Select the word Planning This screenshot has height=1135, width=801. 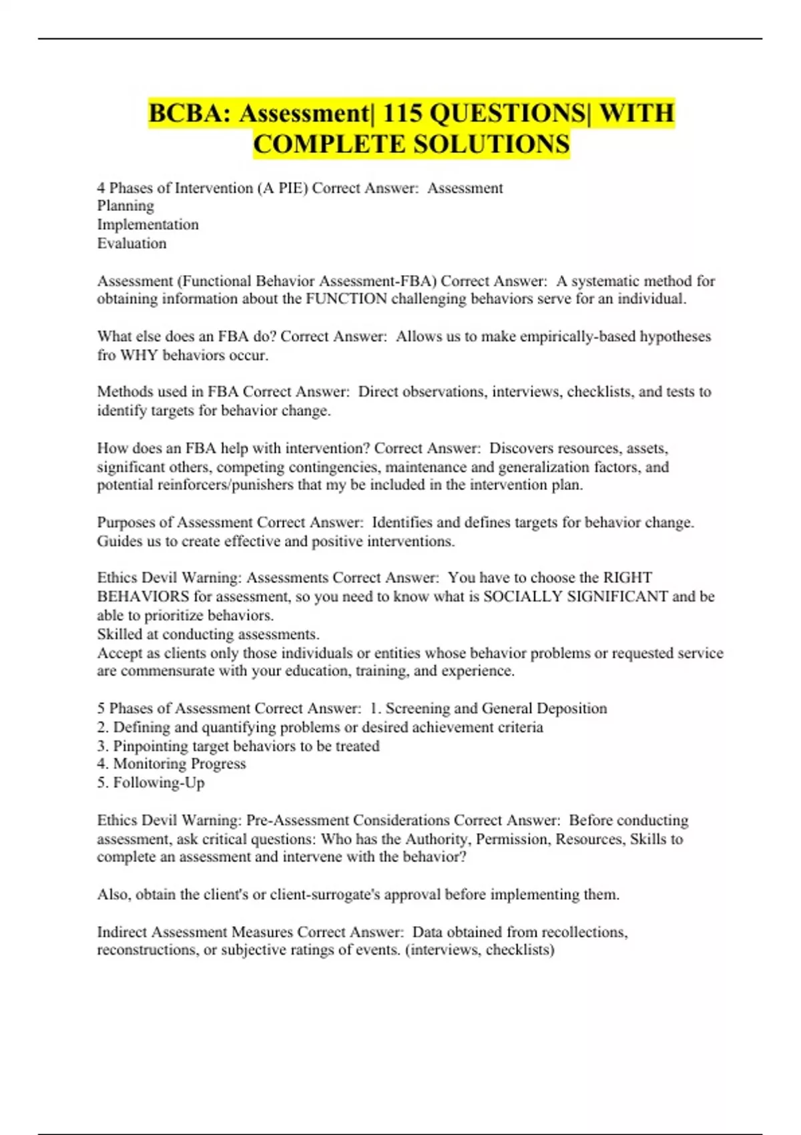pyautogui.click(x=125, y=206)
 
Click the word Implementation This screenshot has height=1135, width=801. pyautogui.click(x=148, y=224)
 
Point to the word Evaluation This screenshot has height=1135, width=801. pyautogui.click(x=131, y=243)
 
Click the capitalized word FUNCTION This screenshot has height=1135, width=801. pyautogui.click(x=346, y=298)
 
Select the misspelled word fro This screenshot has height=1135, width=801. pyautogui.click(x=106, y=355)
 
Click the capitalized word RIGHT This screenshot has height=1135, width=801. pyautogui.click(x=627, y=578)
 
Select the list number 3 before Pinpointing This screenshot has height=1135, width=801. pyautogui.click(x=102, y=746)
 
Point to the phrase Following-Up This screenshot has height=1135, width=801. pyautogui.click(x=158, y=782)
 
